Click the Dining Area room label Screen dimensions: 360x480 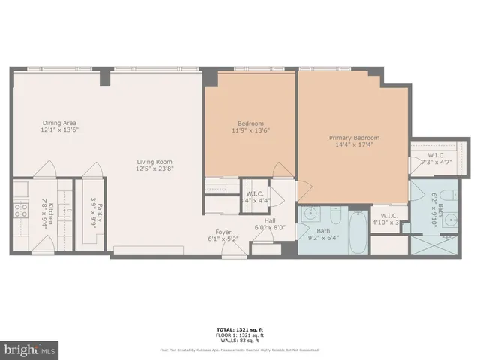(x=59, y=124)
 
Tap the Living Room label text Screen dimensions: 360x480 (x=154, y=162)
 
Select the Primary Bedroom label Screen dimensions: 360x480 (x=355, y=138)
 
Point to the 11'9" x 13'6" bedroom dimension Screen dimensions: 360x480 (x=251, y=130)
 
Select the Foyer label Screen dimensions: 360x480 (x=223, y=232)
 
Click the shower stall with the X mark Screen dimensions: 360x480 (x=434, y=245)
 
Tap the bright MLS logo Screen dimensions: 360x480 (x=30, y=349)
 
